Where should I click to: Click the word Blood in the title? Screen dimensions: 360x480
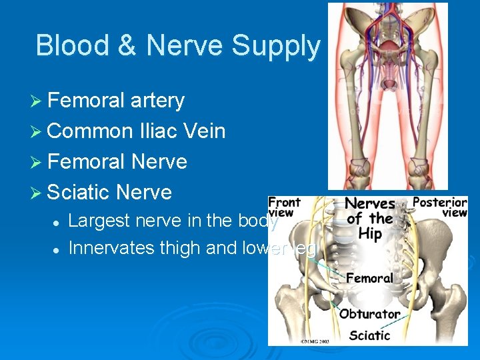coord(73,45)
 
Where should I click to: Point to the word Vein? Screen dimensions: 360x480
coord(203,131)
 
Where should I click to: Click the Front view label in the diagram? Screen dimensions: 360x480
coord(285,206)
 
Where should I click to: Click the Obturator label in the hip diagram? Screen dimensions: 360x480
coord(370,313)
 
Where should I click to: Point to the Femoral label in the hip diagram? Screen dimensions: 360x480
coord(370,277)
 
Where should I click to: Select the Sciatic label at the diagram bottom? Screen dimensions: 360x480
coord(369,335)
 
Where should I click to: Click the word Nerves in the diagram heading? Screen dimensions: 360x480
coord(371,203)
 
